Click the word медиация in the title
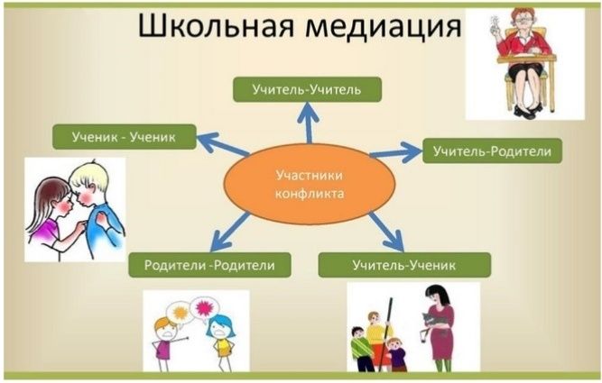(x=380, y=29)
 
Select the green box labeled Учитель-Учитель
(x=307, y=89)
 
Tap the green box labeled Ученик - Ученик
(x=123, y=137)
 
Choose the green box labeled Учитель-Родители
(x=492, y=150)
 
